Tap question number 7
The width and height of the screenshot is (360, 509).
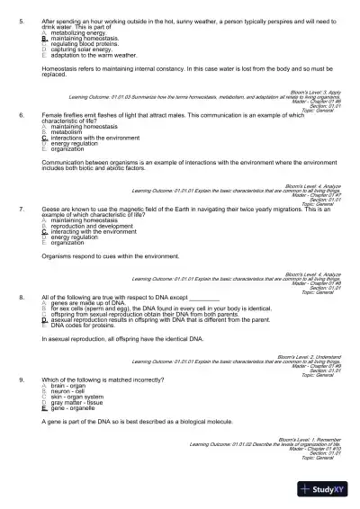click(x=21, y=208)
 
